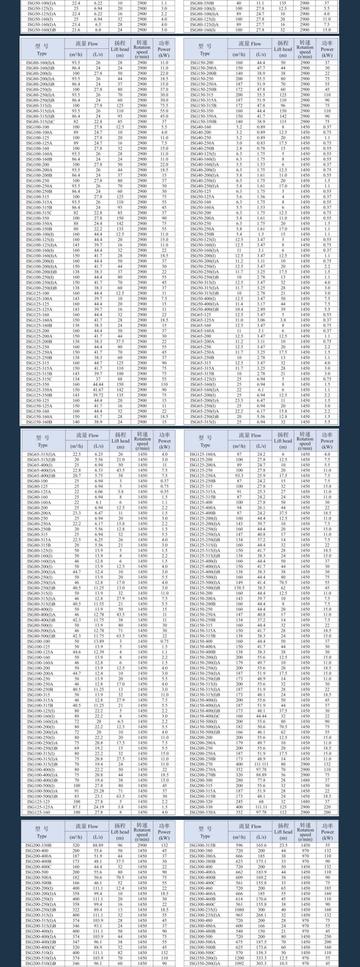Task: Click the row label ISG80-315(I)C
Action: [39, 122]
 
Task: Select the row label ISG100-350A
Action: [39, 224]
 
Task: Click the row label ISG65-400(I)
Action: [39, 465]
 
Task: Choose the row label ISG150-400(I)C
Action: [205, 716]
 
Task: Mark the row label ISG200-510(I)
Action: [39, 952]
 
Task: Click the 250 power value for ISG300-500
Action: [327, 936]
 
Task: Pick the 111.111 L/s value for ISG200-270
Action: [261, 764]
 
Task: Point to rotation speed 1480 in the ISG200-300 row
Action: [305, 780]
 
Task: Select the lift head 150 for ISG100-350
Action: [120, 218]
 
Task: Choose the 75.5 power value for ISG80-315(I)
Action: [164, 106]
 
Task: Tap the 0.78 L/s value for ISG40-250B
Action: [261, 148]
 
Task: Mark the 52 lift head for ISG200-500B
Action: [120, 883]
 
